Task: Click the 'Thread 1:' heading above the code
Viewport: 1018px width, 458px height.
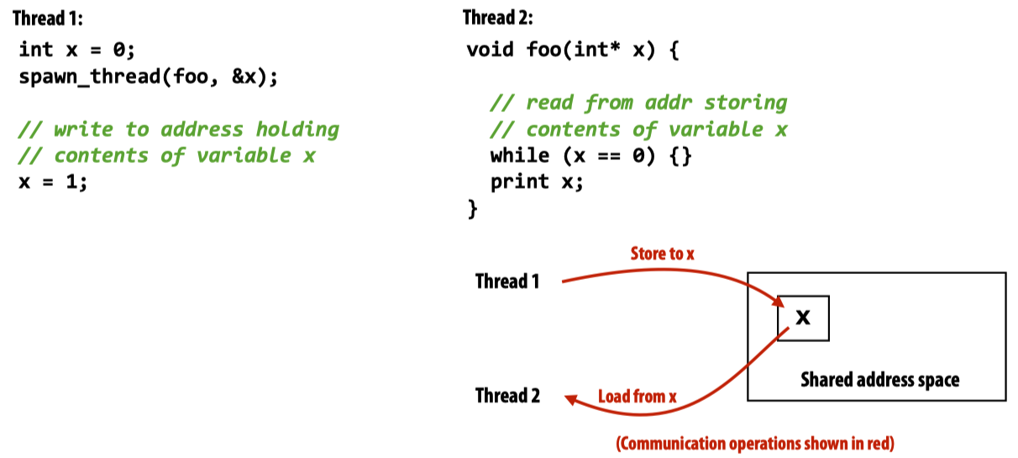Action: pyautogui.click(x=48, y=18)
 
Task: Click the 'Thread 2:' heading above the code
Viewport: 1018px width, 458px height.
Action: pyautogui.click(x=497, y=18)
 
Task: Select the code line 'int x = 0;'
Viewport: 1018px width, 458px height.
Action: pyautogui.click(x=76, y=50)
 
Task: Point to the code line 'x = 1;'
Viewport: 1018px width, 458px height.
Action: pyautogui.click(x=53, y=182)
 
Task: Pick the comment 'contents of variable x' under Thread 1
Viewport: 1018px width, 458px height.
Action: pyautogui.click(x=167, y=155)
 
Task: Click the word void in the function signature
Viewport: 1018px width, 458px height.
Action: pyautogui.click(x=491, y=50)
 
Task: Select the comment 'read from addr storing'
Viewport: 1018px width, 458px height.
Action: pyautogui.click(x=639, y=103)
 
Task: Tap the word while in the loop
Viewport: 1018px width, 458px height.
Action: pyautogui.click(x=520, y=155)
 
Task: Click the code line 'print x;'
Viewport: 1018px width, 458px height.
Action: pyautogui.click(x=537, y=182)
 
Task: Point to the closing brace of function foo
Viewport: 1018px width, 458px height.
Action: pyautogui.click(x=473, y=208)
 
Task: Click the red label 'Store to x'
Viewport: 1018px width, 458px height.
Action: pyautogui.click(x=663, y=253)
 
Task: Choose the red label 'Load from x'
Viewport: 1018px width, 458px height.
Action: pyautogui.click(x=637, y=397)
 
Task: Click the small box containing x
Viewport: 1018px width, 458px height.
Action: pyautogui.click(x=803, y=318)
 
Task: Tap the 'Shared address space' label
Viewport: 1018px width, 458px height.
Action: pyautogui.click(x=879, y=380)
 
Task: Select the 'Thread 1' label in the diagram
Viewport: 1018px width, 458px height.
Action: pyautogui.click(x=507, y=281)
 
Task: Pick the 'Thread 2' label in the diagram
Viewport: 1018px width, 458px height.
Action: pyautogui.click(x=507, y=395)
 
